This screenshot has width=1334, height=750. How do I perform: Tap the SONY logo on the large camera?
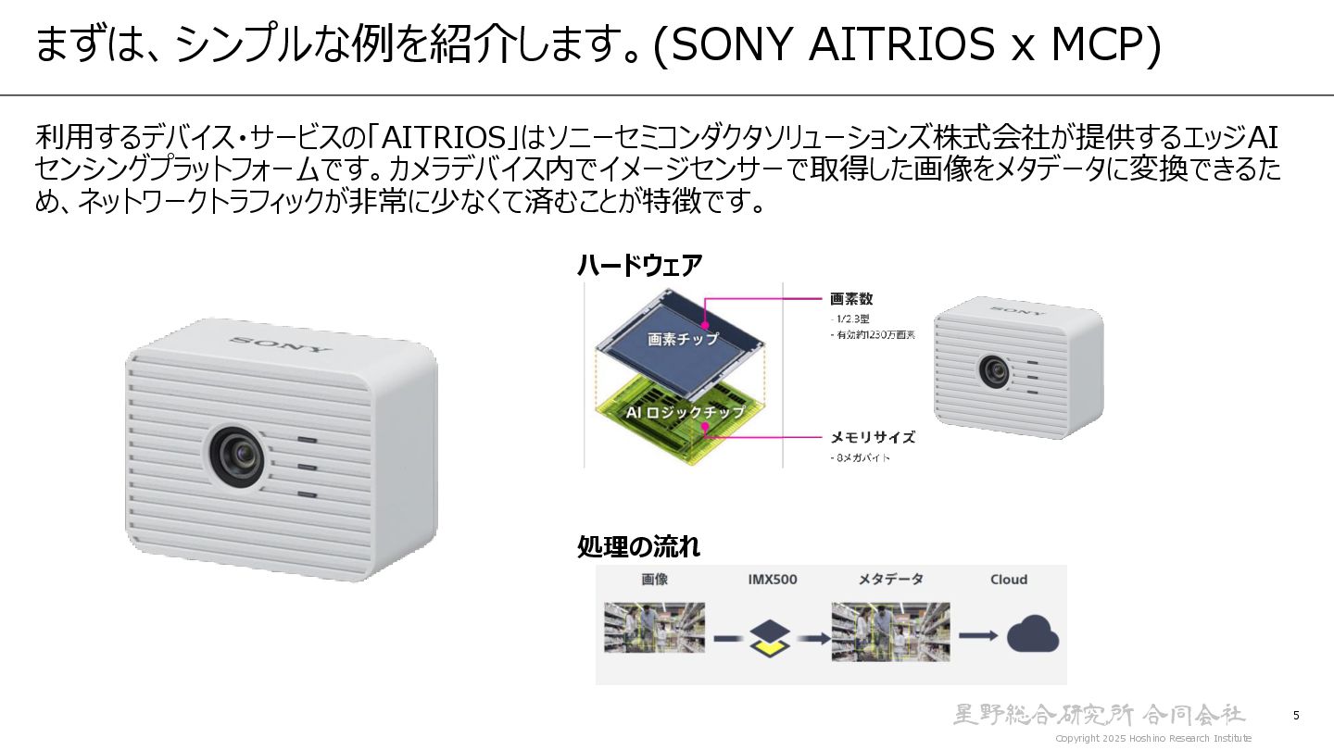tap(280, 344)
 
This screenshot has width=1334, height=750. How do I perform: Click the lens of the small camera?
tap(994, 371)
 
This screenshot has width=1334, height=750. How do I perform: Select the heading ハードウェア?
tap(639, 266)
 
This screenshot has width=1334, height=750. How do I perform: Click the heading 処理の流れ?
tap(638, 547)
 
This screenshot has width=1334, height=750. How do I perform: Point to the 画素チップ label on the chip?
tap(683, 338)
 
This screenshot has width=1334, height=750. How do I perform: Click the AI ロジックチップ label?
tap(686, 412)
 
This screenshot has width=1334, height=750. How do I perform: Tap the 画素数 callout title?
tap(851, 299)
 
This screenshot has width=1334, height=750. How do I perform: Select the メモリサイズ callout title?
tap(872, 437)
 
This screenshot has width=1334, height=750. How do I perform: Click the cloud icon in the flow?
tap(1032, 634)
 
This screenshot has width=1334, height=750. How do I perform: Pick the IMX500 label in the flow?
tap(772, 580)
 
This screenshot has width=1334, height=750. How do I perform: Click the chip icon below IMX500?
tap(771, 637)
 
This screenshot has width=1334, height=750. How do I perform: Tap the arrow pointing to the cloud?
tap(977, 635)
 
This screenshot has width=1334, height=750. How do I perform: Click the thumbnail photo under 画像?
tap(655, 627)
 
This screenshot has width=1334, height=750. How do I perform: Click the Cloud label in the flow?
tap(1008, 580)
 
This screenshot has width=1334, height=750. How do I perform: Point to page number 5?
tap(1296, 715)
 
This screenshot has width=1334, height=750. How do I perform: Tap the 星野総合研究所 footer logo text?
tap(1100, 714)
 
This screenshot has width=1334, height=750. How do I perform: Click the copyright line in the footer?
tap(1153, 738)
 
